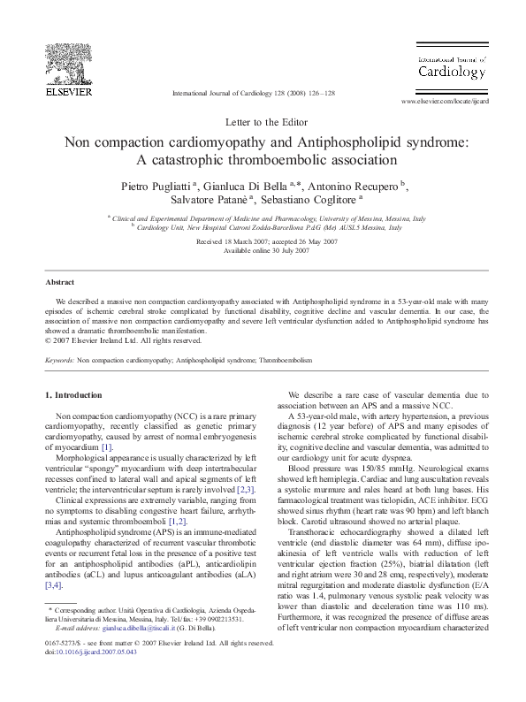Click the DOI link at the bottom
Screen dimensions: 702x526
(91, 675)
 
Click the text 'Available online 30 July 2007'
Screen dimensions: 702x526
(263, 250)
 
